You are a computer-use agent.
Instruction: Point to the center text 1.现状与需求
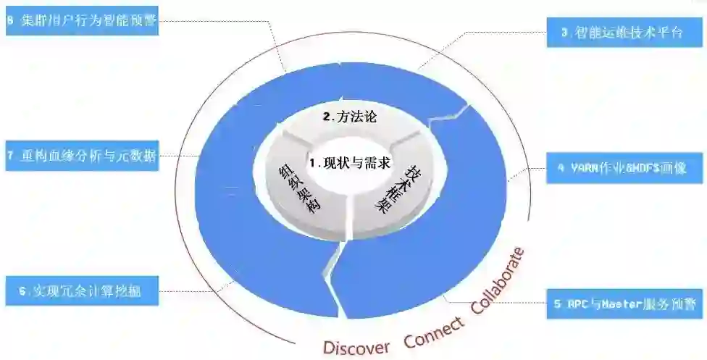[x=350, y=163]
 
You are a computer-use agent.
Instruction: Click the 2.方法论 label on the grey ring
[x=349, y=117]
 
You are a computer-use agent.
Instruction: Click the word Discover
[x=356, y=346]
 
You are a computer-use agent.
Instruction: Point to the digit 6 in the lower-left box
[x=22, y=291]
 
